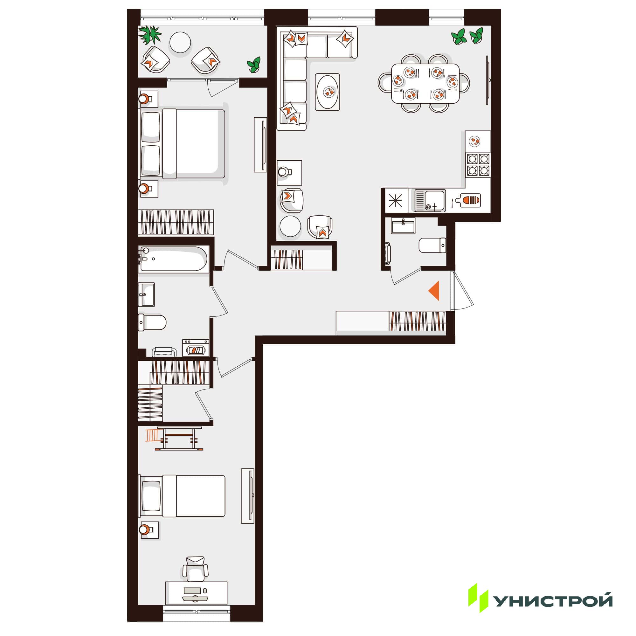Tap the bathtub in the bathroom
pyautogui.click(x=174, y=259)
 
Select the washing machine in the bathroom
pyautogui.click(x=196, y=348)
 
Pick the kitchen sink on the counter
pyautogui.click(x=430, y=200)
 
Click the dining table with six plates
pyautogui.click(x=425, y=84)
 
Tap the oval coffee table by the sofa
pyautogui.click(x=328, y=92)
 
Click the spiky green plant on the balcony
pyautogui.click(x=150, y=34)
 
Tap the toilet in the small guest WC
pyautogui.click(x=432, y=245)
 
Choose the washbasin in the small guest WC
pyautogui.click(x=403, y=227)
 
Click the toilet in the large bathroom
pyautogui.click(x=152, y=322)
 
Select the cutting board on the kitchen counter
pyautogui.click(x=467, y=200)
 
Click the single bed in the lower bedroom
pyautogui.click(x=183, y=496)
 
